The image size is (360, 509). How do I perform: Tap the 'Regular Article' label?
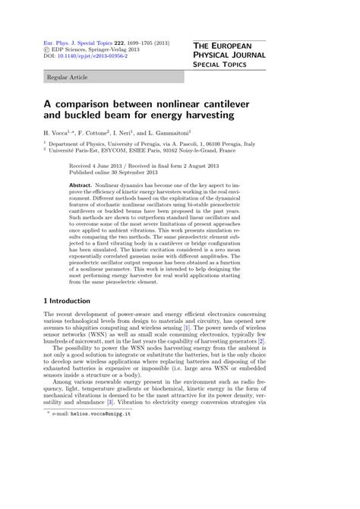click(67, 77)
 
